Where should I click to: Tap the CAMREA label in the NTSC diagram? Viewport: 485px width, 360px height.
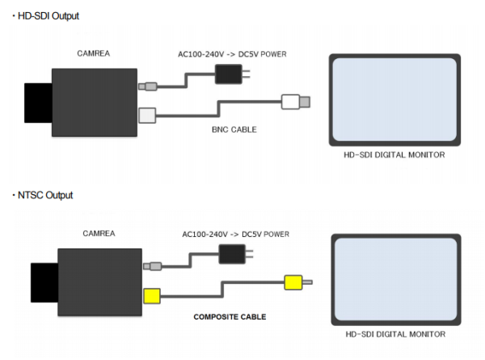click(99, 233)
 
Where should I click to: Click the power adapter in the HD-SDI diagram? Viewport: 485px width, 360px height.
click(229, 75)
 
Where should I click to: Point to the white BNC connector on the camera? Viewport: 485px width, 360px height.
click(146, 116)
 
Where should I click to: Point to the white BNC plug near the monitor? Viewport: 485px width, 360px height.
click(292, 102)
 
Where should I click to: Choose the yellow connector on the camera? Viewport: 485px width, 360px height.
click(151, 295)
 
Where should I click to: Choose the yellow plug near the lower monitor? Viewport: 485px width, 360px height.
click(293, 283)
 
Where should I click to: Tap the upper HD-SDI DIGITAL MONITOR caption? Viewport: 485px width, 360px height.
click(394, 154)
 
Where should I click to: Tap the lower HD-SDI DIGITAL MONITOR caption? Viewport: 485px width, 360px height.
click(394, 333)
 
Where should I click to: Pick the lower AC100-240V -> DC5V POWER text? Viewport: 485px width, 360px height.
click(235, 234)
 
